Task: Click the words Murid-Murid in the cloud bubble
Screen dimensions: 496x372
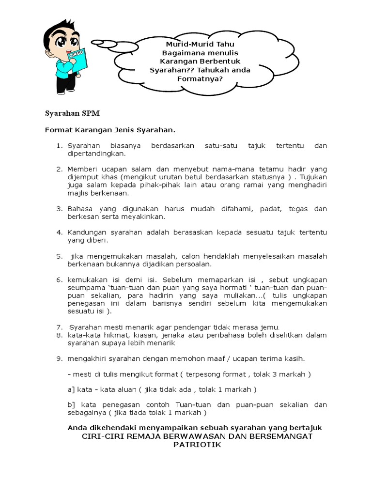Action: [x=181, y=44]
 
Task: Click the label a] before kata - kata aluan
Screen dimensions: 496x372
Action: [x=71, y=389]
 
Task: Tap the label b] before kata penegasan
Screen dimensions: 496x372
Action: [x=71, y=405]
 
